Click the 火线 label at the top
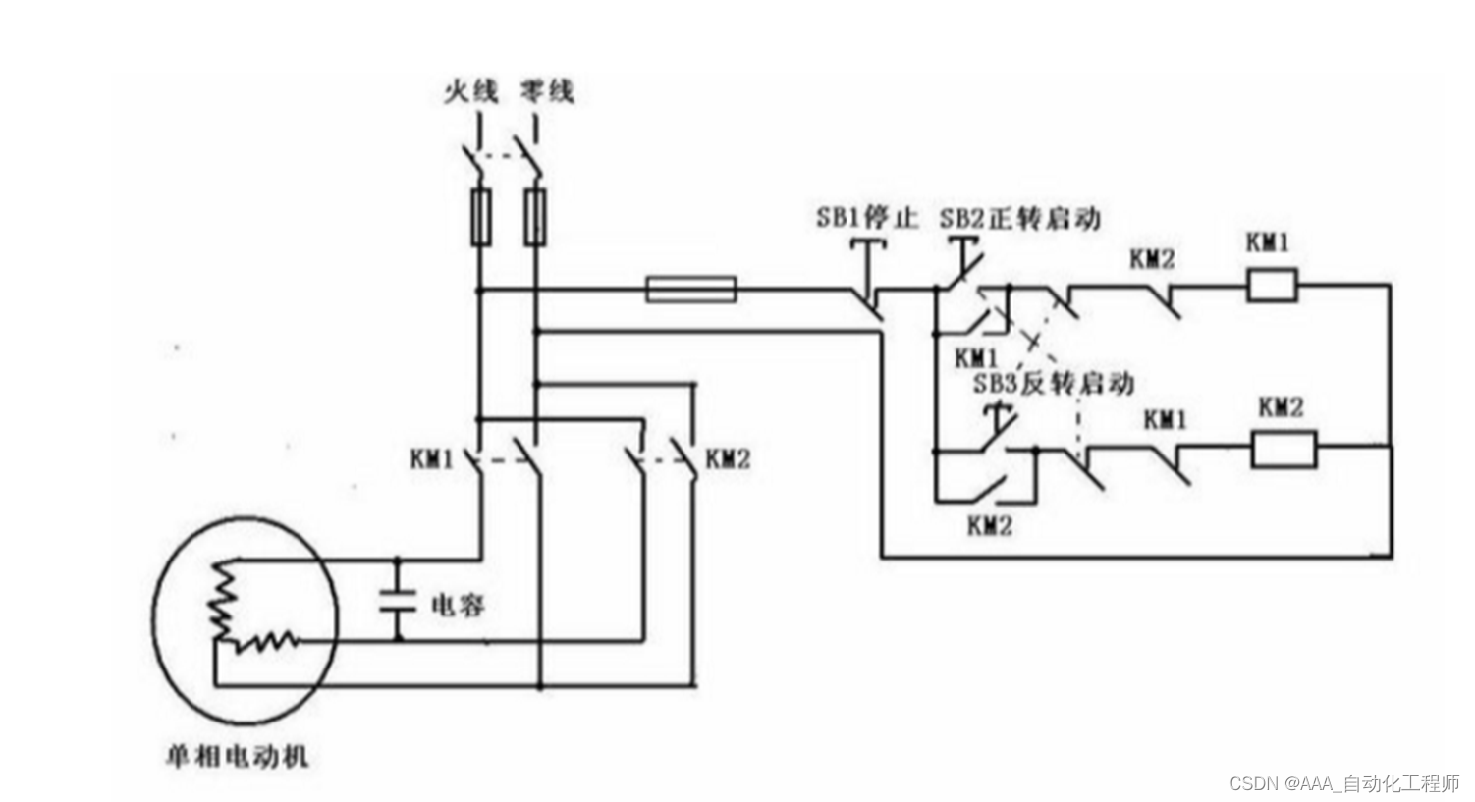point(470,92)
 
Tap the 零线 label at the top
point(547,92)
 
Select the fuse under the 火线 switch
point(480,217)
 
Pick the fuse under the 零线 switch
point(534,217)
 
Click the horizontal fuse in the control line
point(690,290)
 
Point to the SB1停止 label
point(866,217)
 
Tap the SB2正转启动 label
point(1019,218)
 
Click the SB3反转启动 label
point(1053,383)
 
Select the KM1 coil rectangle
point(1272,286)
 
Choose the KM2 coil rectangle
point(1283,450)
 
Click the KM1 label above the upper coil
point(1268,241)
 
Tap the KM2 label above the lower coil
point(1281,406)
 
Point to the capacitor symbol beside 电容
point(399,601)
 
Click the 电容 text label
point(458,605)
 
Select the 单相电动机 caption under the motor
point(237,756)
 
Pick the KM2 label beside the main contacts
point(728,458)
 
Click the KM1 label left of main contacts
point(432,458)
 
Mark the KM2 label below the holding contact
point(989,525)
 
